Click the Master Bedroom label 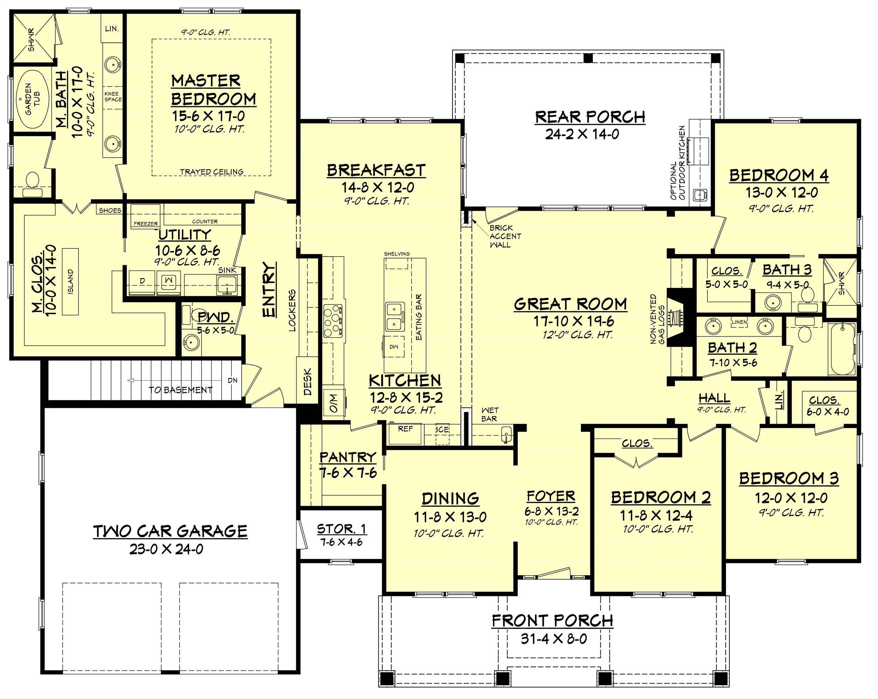[x=213, y=89]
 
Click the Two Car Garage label [x=170, y=531]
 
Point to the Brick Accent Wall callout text [x=505, y=236]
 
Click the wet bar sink [x=506, y=435]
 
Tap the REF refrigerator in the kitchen [x=405, y=434]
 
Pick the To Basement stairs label [x=180, y=390]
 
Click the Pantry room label [x=347, y=457]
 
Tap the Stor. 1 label [x=341, y=529]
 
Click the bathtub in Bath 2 [x=842, y=349]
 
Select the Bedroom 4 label [x=778, y=175]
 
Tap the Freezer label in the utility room [x=146, y=223]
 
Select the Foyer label [x=551, y=496]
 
